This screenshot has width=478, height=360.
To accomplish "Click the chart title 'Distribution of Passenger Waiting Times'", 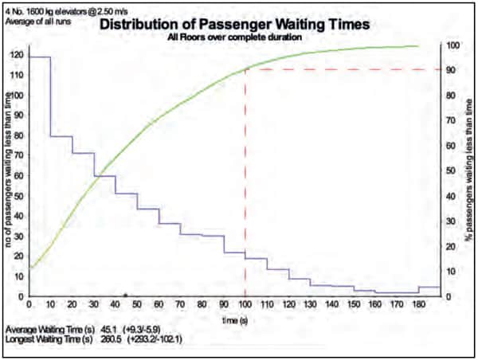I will tap(234, 24).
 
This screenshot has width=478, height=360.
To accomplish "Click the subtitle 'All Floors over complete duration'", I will tap(233, 37).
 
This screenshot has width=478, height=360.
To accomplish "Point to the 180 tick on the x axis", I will tap(417, 305).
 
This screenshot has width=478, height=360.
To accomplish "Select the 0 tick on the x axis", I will tap(29, 305).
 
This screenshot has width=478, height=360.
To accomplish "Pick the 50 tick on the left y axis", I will tap(17, 196).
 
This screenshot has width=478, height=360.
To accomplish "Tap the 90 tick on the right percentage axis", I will tap(451, 70).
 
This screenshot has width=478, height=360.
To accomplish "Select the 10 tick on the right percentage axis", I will tap(451, 272).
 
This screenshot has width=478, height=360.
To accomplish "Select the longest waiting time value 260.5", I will tap(112, 339).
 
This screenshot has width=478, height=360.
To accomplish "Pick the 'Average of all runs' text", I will tap(37, 21).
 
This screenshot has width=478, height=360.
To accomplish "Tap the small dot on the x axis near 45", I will tap(126, 296).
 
